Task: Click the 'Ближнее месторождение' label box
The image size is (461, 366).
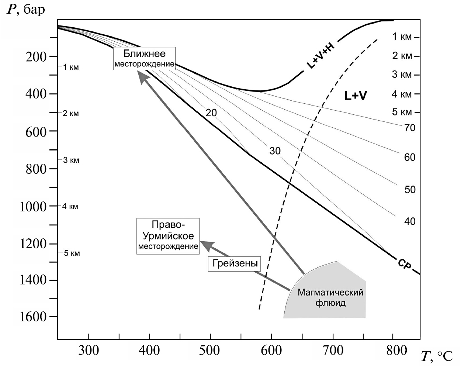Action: point(144,58)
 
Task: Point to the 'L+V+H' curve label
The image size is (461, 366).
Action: point(320,56)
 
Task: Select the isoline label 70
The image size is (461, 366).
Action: point(410,128)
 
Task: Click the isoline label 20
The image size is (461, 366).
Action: point(211,113)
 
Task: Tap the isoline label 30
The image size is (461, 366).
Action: point(275,151)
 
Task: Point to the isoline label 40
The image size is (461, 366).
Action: point(410,221)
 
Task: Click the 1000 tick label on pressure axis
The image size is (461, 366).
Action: point(33,206)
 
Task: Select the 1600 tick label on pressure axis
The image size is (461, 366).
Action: point(33,317)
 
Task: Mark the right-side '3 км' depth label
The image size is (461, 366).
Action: point(402,75)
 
